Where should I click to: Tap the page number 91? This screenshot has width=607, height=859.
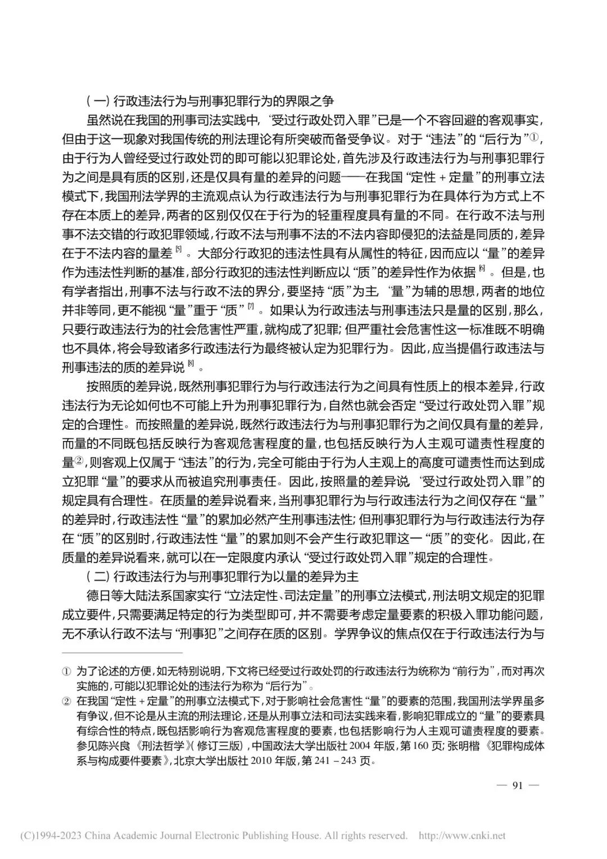pyautogui.click(x=518, y=785)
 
